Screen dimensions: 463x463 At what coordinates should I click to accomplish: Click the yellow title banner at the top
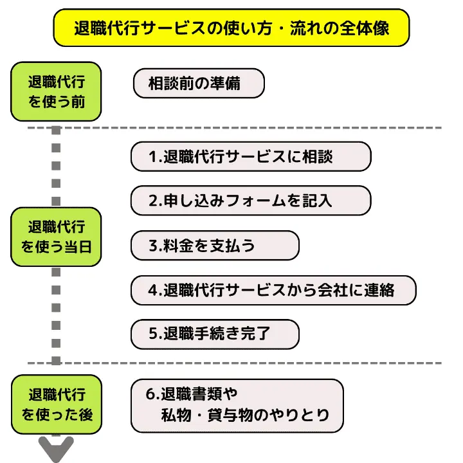[231, 28]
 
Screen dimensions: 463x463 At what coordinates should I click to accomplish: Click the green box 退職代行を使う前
[56, 91]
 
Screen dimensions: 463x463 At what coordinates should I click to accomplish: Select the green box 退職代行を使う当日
[56, 237]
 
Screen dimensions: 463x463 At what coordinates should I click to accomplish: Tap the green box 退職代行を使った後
[56, 404]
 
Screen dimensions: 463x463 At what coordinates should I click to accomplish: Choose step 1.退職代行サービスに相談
[251, 157]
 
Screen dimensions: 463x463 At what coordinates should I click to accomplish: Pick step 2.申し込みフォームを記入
[251, 201]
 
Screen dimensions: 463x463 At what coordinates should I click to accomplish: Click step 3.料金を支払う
[215, 246]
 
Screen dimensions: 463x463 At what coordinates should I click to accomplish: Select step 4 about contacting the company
[273, 290]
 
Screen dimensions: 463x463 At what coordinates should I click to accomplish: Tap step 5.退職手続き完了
[215, 334]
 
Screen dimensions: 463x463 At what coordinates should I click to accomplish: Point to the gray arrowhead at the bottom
[57, 449]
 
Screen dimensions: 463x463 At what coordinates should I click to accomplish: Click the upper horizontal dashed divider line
[257, 127]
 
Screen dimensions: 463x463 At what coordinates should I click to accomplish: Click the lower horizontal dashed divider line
[257, 363]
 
